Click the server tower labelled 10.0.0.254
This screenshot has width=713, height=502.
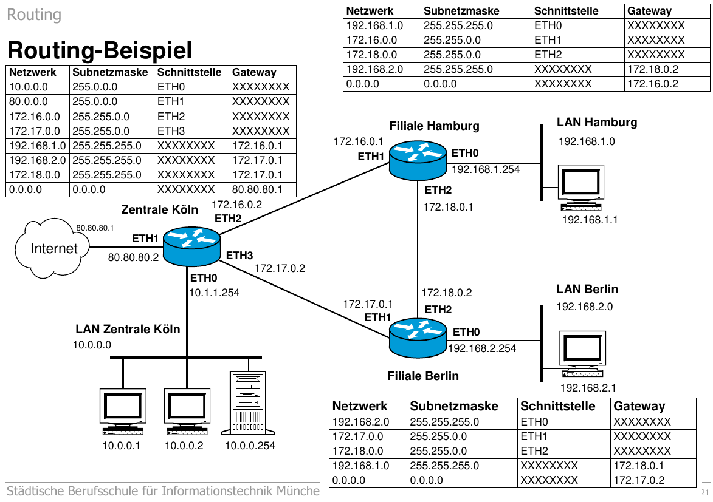click(248, 403)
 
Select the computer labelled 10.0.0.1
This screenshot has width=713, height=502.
click(123, 411)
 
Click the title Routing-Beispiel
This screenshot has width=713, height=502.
click(100, 50)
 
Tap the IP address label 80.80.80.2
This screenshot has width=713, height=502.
click(133, 257)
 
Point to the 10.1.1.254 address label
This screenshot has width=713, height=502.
click(215, 293)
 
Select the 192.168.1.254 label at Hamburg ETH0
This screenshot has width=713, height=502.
click(486, 169)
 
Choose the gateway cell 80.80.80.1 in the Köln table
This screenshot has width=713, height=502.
click(258, 189)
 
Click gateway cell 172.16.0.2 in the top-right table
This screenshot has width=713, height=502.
click(652, 84)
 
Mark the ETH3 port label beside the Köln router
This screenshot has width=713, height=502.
click(239, 256)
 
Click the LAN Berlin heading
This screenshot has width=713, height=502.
click(587, 289)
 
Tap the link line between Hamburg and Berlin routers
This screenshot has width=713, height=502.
click(418, 249)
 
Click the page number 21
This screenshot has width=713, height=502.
click(705, 491)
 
